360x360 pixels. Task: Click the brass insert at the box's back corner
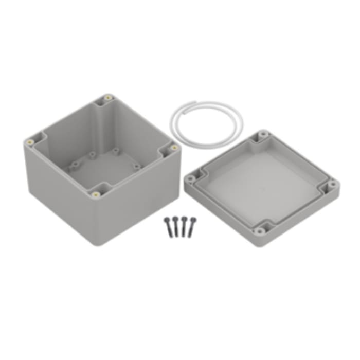pyautogui.click(x=107, y=97)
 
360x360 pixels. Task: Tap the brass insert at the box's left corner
pyautogui.click(x=30, y=140)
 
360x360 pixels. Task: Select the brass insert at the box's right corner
pyautogui.click(x=174, y=148)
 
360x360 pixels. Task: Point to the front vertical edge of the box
pyautogui.click(x=98, y=221)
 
